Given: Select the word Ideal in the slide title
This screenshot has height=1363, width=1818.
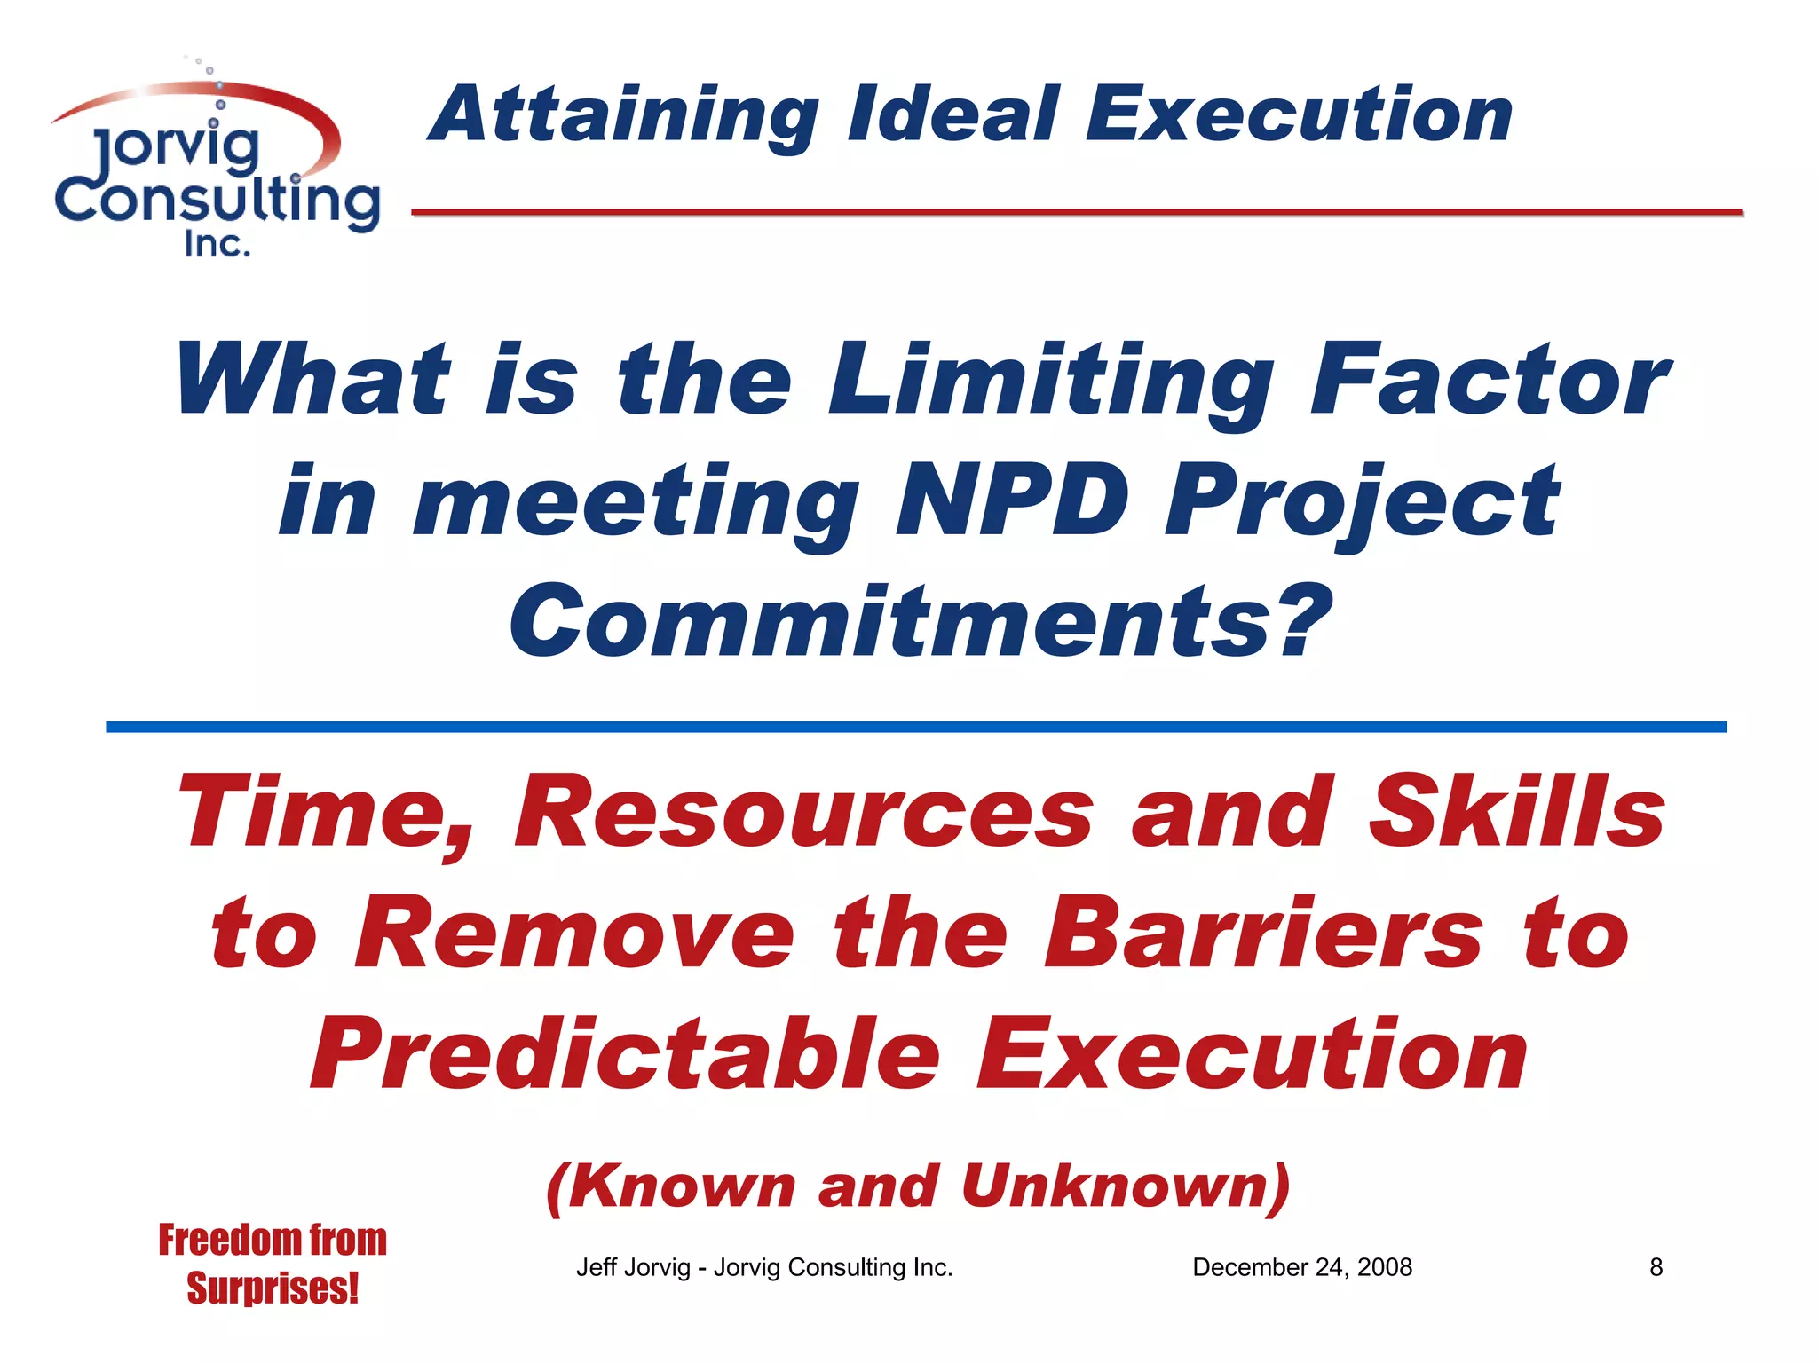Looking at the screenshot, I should pos(954,115).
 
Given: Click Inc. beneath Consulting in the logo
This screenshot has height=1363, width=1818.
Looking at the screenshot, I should pos(217,244).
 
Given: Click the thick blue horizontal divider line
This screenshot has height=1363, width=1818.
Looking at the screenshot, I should pos(915,727).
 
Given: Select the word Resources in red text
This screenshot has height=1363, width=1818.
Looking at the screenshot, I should pos(803,813).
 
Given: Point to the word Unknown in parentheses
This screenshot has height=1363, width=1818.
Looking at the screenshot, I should pos(1114,1186).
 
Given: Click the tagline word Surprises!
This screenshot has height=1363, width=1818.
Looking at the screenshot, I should pos(273,1288).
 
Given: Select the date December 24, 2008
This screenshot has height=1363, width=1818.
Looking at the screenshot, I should pos(1301,1267).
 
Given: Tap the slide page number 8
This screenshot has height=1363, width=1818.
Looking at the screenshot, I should pos(1656,1267).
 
